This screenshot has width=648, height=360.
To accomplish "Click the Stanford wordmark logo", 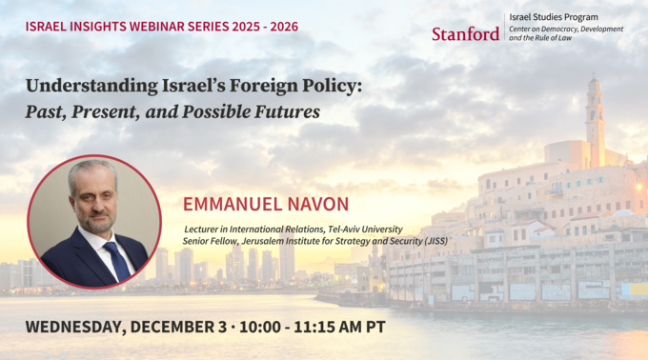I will [465, 33].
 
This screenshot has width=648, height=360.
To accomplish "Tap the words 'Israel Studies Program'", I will [554, 17].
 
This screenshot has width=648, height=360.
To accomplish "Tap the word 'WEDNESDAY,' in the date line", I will [73, 327].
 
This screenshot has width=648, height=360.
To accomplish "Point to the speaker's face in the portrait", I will [96, 198].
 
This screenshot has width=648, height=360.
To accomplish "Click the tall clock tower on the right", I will [595, 119].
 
